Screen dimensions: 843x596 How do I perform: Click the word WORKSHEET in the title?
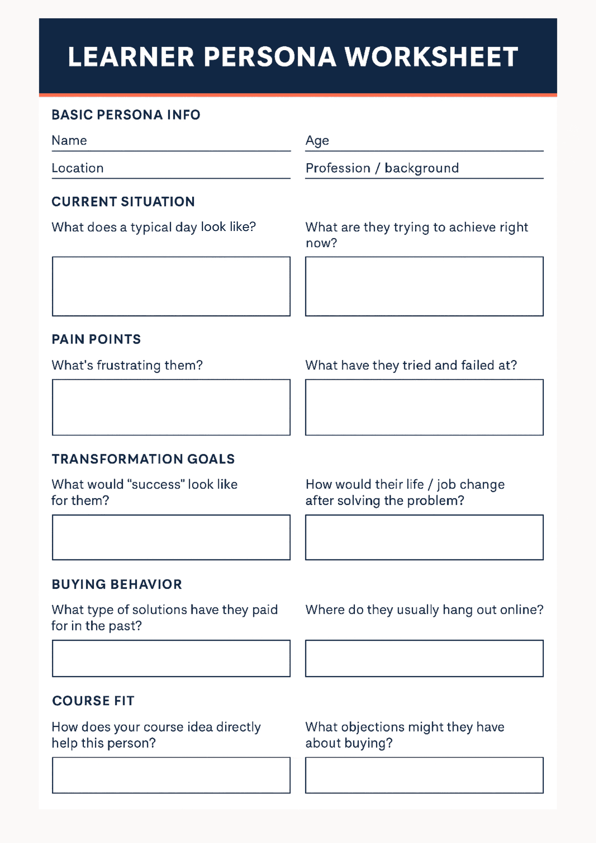[431, 57]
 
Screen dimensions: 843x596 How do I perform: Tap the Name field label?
[69, 140]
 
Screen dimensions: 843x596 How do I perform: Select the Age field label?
[317, 141]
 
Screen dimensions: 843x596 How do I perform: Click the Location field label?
[78, 168]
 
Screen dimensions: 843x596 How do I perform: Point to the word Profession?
[338, 168]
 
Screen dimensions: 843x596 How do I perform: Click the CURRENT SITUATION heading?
[123, 202]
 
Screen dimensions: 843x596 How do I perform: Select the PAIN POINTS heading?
[96, 339]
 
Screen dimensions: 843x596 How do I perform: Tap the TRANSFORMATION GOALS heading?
[143, 459]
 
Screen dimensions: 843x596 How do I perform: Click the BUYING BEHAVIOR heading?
[117, 584]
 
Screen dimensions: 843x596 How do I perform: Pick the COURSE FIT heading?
[93, 701]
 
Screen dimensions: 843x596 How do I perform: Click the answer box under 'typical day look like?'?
[171, 286]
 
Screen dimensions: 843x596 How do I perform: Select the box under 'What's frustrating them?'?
[171, 407]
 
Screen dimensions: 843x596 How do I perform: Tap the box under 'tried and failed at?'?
[424, 407]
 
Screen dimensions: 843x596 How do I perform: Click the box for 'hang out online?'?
[424, 658]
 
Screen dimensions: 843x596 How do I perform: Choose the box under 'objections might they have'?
[424, 775]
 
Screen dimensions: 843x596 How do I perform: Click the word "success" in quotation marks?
[156, 485]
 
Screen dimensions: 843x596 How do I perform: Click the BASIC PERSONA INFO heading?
[126, 115]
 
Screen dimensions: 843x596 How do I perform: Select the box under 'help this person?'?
[171, 775]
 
